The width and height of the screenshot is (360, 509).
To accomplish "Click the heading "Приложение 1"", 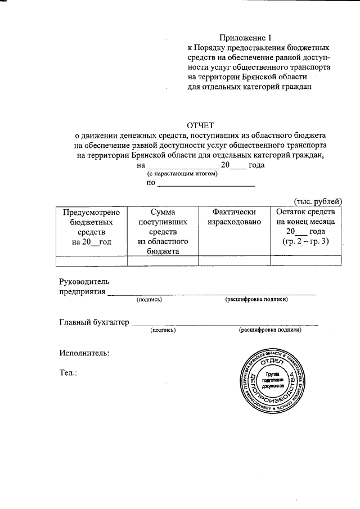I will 245,38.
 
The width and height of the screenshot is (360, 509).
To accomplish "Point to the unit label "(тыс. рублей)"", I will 318,201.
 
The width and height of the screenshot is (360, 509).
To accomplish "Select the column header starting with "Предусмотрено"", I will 92,227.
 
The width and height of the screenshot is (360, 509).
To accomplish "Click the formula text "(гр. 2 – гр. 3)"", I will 305,241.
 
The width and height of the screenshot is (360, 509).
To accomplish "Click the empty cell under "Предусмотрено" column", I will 92,260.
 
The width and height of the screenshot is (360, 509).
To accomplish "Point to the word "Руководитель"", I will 84,281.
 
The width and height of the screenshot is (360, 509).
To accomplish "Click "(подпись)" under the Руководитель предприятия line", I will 149,300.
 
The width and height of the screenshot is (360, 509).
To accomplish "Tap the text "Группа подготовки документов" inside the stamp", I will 273,380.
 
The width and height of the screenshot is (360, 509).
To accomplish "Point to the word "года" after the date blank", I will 256,165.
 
